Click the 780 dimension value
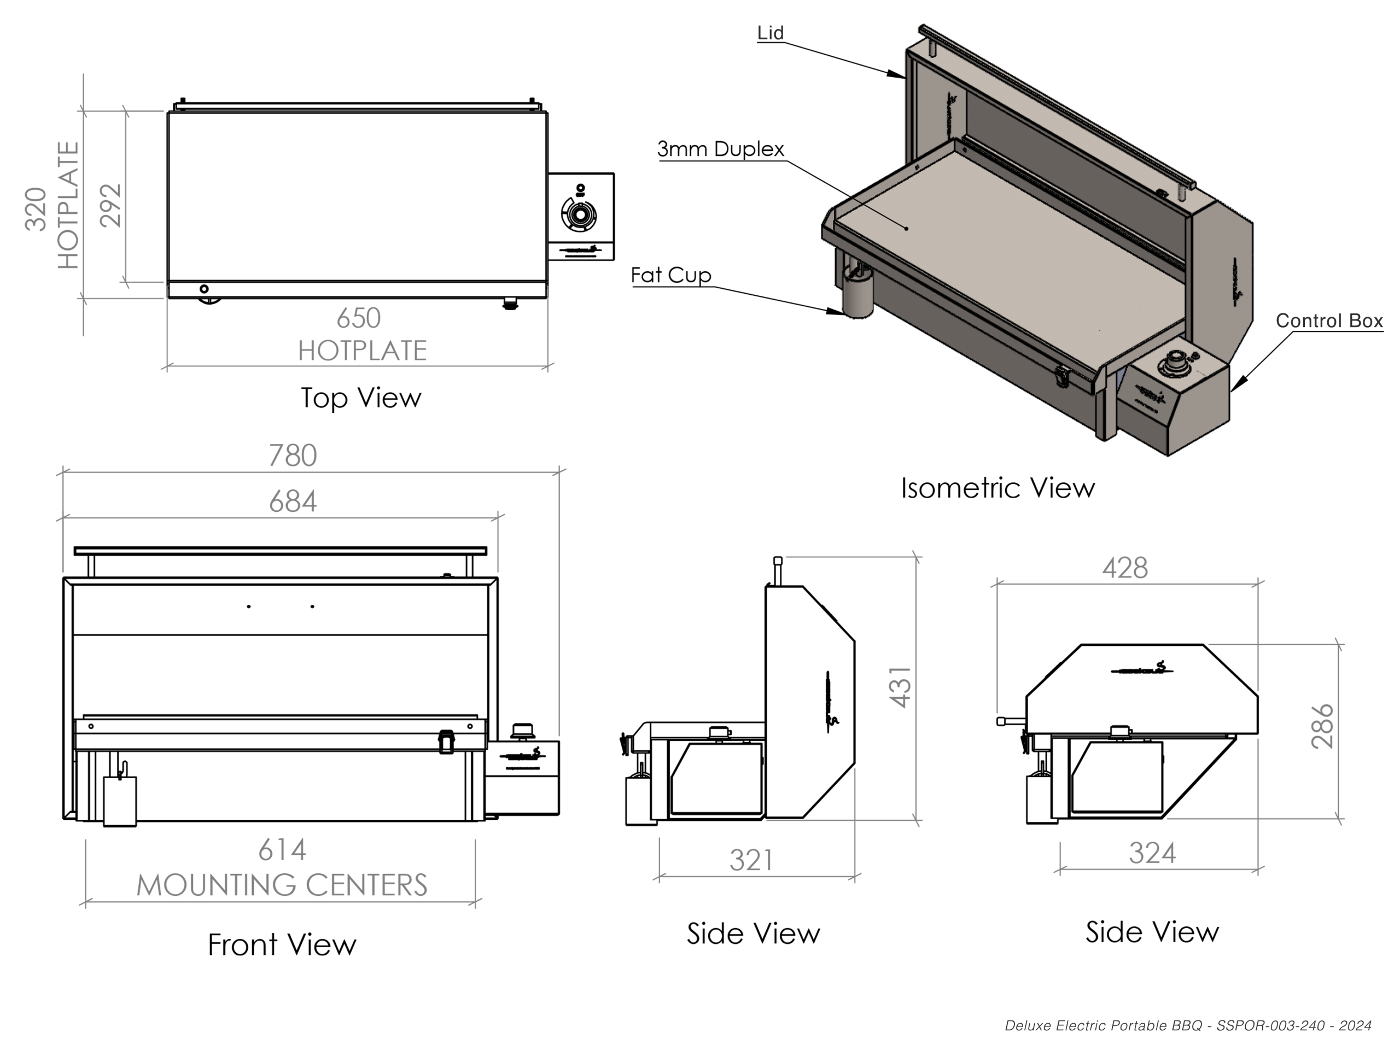click(293, 456)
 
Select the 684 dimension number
click(293, 502)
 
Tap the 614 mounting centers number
click(282, 850)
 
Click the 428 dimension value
click(1125, 568)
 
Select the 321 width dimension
click(751, 861)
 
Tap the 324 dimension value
click(1152, 853)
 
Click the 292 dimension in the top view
click(111, 205)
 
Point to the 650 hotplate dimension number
click(358, 318)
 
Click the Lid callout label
click(770, 33)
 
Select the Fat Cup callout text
click(671, 275)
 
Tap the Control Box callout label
click(1329, 321)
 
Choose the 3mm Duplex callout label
click(720, 149)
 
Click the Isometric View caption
click(997, 488)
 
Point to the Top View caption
click(361, 398)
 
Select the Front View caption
click(282, 945)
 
